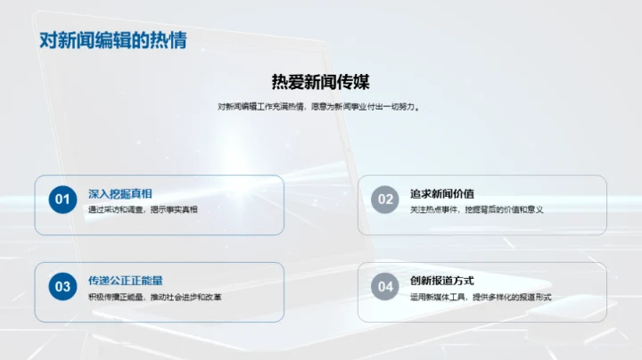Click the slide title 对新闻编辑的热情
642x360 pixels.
(113, 40)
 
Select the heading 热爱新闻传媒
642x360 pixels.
(320, 82)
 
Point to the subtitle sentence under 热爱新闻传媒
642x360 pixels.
(320, 107)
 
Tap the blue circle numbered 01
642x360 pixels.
(62, 200)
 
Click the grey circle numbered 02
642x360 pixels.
(385, 200)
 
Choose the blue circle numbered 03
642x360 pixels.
(62, 286)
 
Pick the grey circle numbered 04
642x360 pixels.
(385, 286)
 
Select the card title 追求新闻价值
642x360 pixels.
(442, 193)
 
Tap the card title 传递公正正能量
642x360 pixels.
(126, 281)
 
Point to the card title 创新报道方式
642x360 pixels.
(442, 281)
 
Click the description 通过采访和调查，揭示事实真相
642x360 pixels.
(143, 209)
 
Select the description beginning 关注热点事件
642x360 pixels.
(476, 209)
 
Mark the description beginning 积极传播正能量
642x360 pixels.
(154, 297)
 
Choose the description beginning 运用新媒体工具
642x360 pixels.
(481, 297)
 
